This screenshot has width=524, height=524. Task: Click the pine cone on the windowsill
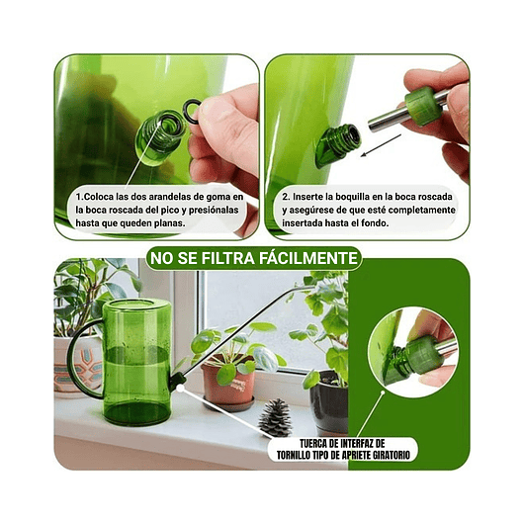273,417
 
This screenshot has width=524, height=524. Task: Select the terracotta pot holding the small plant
227,387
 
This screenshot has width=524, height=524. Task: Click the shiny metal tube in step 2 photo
388,120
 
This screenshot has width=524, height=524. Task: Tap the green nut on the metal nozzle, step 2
423,104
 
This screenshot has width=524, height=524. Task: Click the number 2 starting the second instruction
284,196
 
